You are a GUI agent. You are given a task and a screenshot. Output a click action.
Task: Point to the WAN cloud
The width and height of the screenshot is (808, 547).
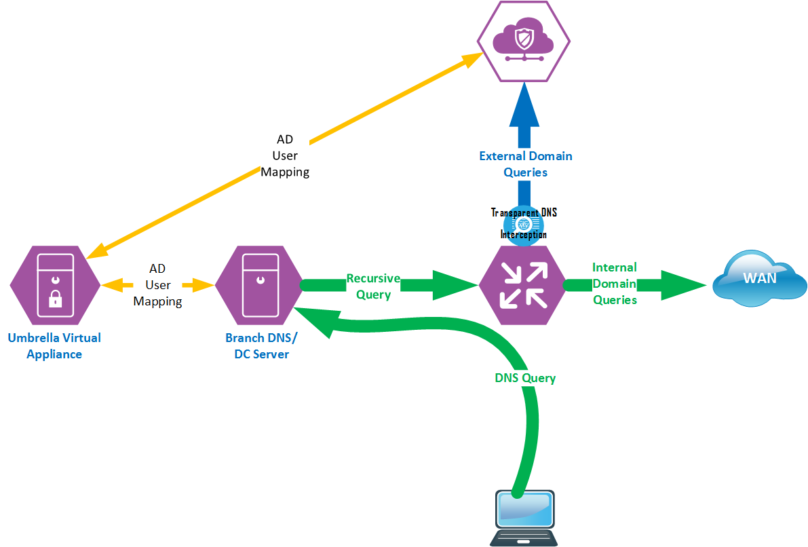click(x=758, y=279)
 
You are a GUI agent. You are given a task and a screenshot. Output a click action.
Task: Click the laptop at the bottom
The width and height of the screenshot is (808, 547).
click(x=524, y=517)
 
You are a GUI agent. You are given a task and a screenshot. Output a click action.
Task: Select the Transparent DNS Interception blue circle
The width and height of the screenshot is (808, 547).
click(x=523, y=224)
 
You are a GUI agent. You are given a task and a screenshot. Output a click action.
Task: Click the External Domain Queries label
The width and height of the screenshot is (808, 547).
click(x=526, y=164)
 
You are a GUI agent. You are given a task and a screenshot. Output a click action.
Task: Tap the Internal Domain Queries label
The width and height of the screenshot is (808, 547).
click(x=615, y=284)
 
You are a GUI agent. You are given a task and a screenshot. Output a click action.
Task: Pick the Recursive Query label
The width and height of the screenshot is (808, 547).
click(x=373, y=286)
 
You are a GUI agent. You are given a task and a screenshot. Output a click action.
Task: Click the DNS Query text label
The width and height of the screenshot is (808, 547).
click(x=525, y=378)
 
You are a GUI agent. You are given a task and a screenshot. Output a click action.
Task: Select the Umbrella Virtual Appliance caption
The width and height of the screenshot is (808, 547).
click(x=54, y=345)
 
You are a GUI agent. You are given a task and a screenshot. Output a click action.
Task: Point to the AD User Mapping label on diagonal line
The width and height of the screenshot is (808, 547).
click(x=285, y=155)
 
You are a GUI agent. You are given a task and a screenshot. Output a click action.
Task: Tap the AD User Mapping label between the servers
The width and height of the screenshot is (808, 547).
click(x=157, y=285)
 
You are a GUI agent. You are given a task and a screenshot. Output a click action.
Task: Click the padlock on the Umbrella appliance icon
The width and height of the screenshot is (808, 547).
click(x=56, y=299)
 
